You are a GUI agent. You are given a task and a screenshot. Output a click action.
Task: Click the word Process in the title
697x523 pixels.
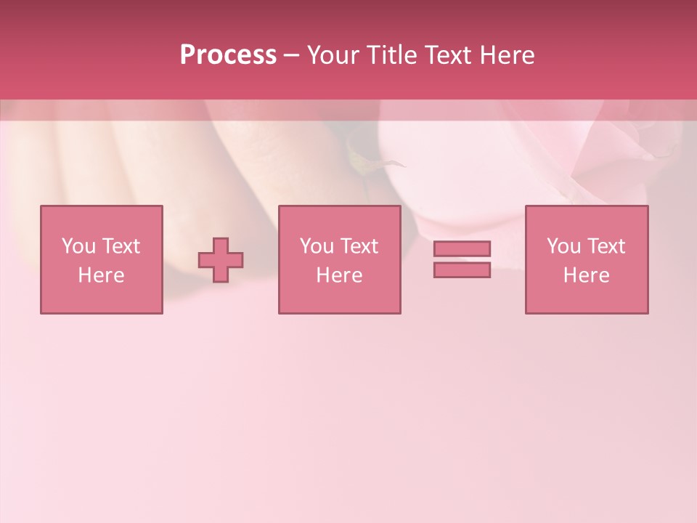[x=228, y=55]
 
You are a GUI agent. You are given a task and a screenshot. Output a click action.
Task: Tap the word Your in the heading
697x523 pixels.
[x=334, y=55]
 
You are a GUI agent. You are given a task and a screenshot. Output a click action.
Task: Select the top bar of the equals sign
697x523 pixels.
[x=462, y=248]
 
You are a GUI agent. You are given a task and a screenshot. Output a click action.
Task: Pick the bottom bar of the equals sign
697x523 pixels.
[x=462, y=269]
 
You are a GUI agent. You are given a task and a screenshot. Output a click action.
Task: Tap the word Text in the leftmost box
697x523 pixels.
[x=121, y=246]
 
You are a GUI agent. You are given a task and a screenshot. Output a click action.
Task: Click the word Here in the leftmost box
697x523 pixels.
[x=101, y=275]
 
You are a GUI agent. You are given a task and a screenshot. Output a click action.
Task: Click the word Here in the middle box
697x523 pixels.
[x=339, y=275]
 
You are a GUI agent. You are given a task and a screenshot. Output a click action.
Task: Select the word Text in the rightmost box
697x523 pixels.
[x=606, y=246]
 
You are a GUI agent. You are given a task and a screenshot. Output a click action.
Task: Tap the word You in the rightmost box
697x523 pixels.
[x=563, y=246]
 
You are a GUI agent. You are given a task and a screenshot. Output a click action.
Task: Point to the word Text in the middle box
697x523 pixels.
[x=359, y=246]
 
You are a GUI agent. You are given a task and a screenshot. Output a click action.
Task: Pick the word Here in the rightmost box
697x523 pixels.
[x=586, y=275]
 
